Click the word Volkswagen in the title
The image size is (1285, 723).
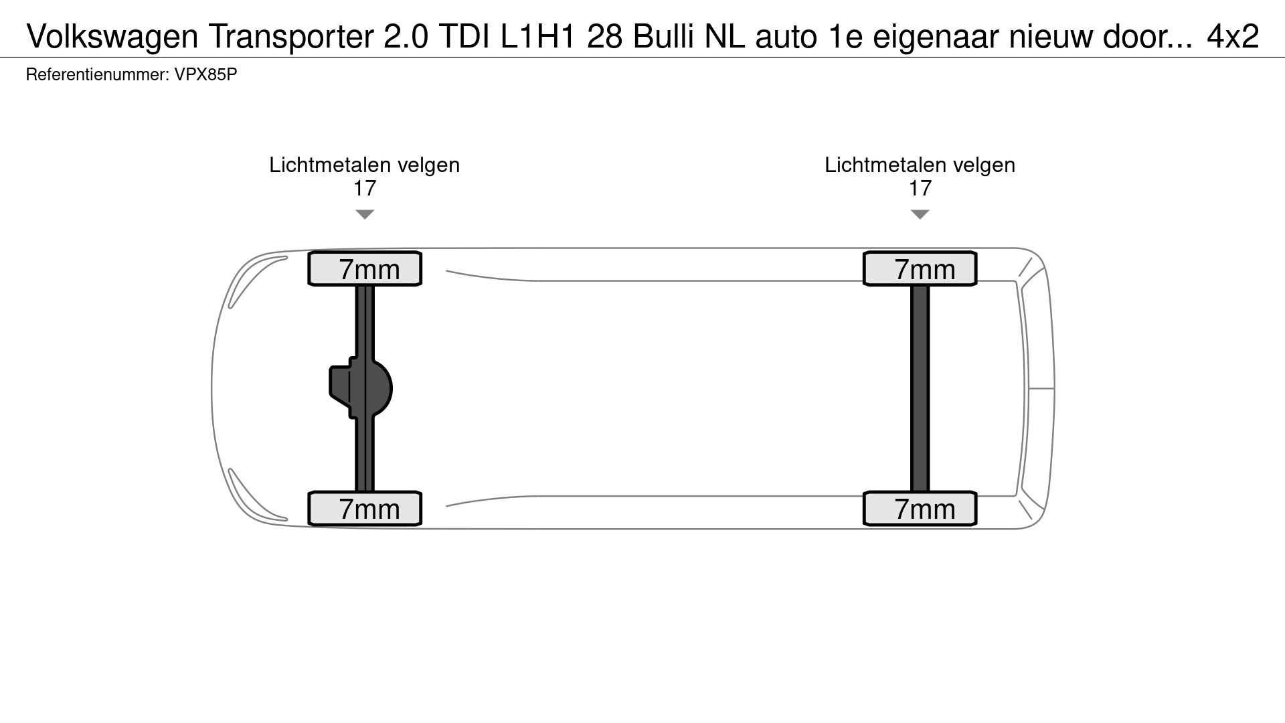pos(112,37)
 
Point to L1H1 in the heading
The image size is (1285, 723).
pos(537,37)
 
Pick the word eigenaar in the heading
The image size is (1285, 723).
pos(936,37)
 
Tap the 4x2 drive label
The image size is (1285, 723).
pos(1233,37)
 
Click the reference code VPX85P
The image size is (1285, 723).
pos(205,74)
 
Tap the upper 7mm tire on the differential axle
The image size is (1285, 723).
pos(365,269)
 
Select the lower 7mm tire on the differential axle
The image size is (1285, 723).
pos(365,509)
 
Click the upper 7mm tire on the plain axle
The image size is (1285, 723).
pos(920,269)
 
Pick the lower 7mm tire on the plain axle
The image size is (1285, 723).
pos(920,509)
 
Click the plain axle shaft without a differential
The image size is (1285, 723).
pos(920,388)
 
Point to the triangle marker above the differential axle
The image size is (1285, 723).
pos(365,214)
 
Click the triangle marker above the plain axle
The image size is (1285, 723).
pos(920,214)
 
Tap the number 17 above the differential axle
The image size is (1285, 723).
pos(365,188)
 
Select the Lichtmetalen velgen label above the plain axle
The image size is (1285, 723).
pos(920,165)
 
